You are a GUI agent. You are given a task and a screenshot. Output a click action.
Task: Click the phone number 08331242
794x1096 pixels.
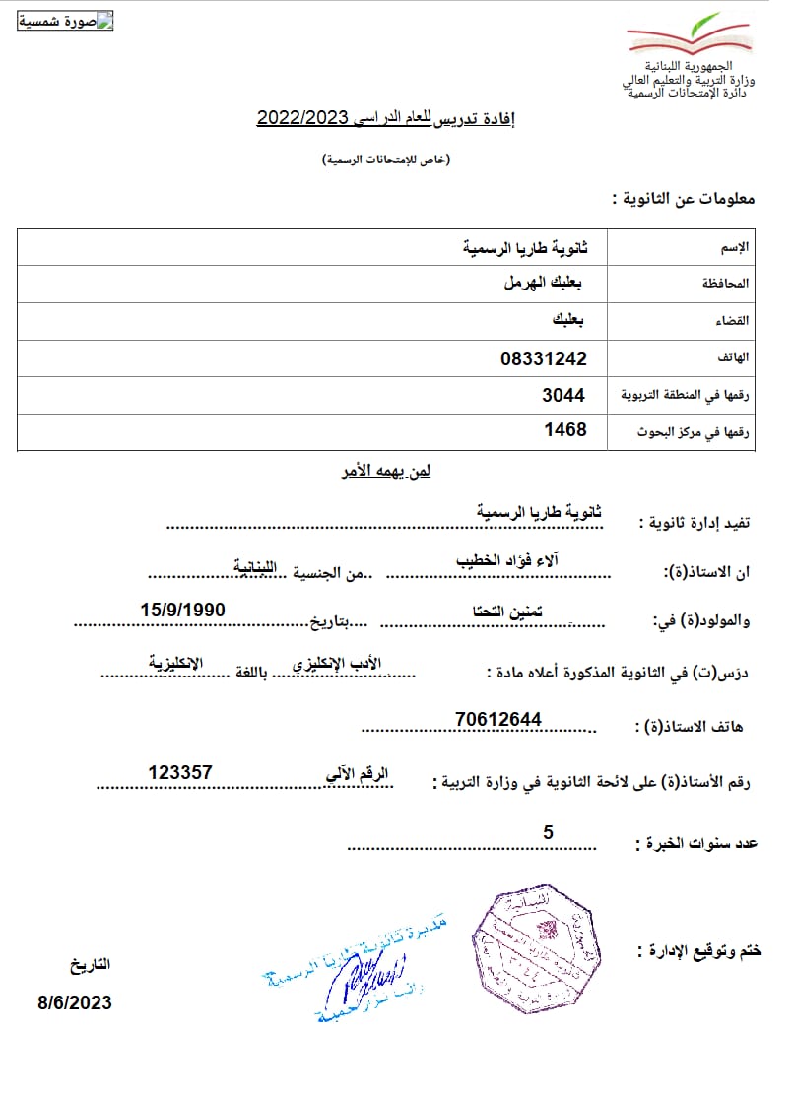tap(543, 359)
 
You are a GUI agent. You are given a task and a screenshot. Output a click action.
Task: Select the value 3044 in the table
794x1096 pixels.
tap(563, 395)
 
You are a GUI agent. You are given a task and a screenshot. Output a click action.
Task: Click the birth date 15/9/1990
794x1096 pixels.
tap(182, 610)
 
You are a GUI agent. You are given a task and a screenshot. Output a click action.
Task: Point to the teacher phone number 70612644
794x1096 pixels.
tap(498, 719)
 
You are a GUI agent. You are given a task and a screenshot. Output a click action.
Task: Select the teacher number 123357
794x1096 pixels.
tap(180, 772)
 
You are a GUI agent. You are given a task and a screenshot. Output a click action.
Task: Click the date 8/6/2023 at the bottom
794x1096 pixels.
tap(75, 1002)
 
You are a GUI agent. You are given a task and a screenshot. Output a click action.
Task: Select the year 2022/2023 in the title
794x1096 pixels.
tap(303, 119)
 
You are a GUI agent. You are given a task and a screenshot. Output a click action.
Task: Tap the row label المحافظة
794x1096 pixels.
tap(725, 284)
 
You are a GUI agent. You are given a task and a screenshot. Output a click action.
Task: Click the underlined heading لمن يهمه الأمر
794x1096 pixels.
tap(384, 471)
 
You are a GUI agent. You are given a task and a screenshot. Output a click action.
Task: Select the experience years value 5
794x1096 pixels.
tap(548, 832)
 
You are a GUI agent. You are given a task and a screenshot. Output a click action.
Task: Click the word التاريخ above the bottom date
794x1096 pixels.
tap(91, 965)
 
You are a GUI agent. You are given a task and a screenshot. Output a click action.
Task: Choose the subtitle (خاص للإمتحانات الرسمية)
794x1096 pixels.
tap(387, 160)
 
